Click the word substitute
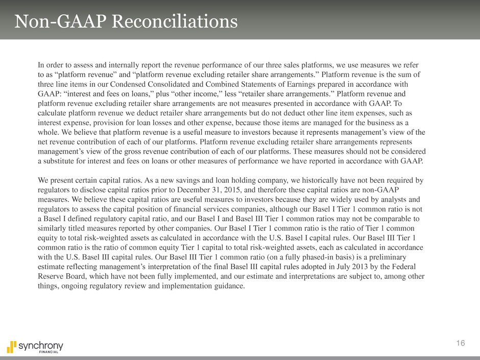64,161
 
